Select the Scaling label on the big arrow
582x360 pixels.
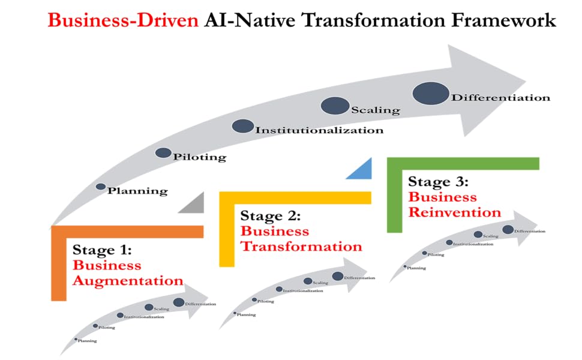point(375,110)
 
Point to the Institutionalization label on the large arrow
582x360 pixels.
point(319,130)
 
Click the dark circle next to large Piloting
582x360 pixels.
point(163,152)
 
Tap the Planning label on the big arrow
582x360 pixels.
point(137,191)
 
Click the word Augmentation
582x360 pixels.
point(128,280)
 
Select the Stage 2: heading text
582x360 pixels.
point(271,215)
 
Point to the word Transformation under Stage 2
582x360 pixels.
point(301,246)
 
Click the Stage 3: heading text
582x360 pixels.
point(438,181)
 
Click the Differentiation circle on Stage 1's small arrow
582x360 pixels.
point(179,302)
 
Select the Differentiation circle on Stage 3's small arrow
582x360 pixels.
point(508,229)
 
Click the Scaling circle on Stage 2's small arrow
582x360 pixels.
point(308,281)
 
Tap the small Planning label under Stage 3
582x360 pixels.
point(416,268)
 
